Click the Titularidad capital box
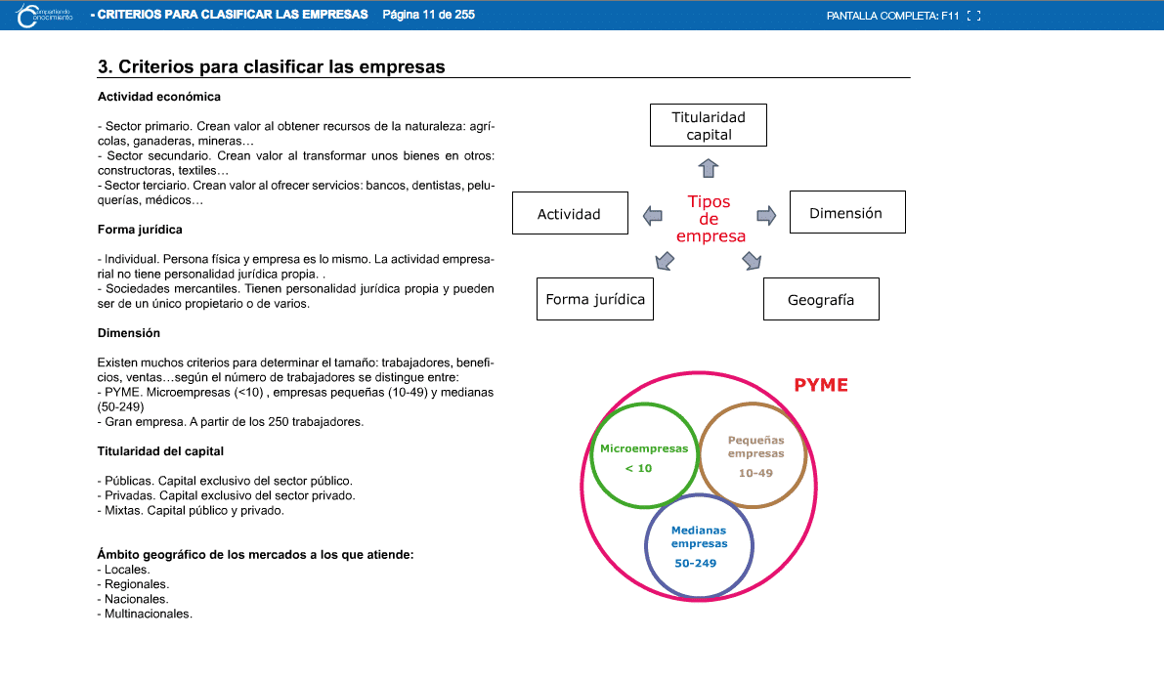click(709, 125)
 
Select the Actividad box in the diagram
click(570, 213)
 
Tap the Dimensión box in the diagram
click(846, 212)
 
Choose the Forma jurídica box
click(595, 299)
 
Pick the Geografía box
click(821, 299)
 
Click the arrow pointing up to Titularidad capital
click(710, 167)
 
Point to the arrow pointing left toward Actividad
click(652, 215)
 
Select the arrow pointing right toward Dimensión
click(766, 215)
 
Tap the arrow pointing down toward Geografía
click(752, 260)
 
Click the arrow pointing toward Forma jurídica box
click(665, 260)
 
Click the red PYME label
click(821, 385)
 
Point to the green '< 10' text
click(638, 468)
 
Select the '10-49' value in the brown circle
click(755, 473)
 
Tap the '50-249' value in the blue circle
click(696, 563)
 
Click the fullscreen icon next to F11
click(972, 16)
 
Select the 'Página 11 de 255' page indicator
click(429, 15)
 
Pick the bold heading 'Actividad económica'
click(159, 97)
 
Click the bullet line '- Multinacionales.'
click(146, 614)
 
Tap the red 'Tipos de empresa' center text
click(711, 219)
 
